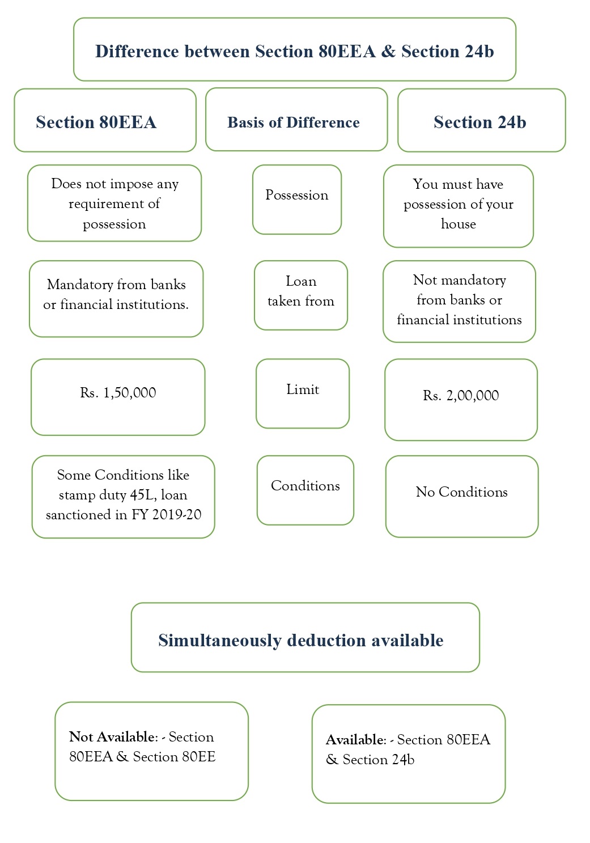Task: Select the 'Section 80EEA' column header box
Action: click(x=105, y=120)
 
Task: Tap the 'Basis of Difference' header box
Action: click(x=296, y=120)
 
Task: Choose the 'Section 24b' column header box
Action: click(x=481, y=120)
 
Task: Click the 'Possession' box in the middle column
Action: click(x=297, y=199)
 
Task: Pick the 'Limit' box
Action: click(x=303, y=393)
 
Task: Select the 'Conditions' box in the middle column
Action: click(x=305, y=489)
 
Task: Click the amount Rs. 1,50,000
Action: click(x=118, y=393)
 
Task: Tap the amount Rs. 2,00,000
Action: click(x=461, y=396)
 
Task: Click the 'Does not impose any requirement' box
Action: click(x=114, y=203)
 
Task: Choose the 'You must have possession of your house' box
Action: click(x=458, y=205)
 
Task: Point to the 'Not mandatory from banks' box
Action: click(x=459, y=301)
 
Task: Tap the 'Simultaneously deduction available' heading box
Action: click(x=305, y=637)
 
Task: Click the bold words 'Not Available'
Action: click(x=112, y=737)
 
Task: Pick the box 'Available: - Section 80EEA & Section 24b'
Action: click(x=408, y=753)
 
